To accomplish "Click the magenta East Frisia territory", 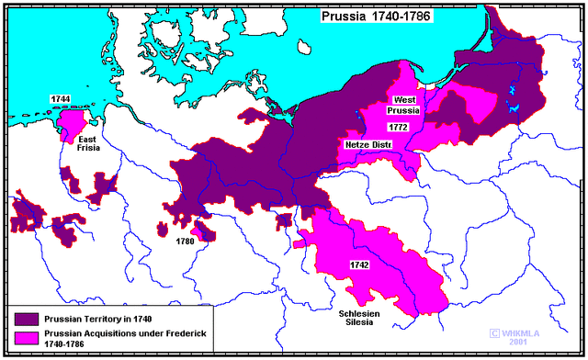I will [x=69, y=120].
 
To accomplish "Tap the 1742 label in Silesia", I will [x=359, y=264].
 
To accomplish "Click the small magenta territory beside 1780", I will [x=207, y=236].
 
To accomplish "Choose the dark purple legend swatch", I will [x=24, y=318].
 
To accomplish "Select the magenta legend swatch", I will [x=24, y=335].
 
